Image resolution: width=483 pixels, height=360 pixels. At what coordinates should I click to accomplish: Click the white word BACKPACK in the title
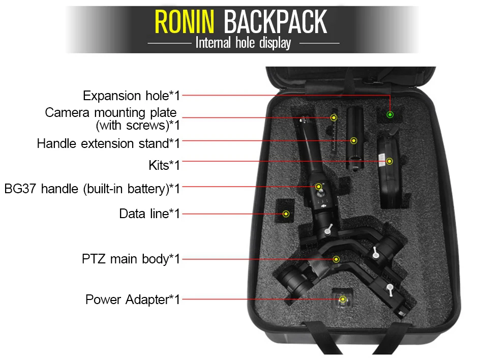pyautogui.click(x=275, y=22)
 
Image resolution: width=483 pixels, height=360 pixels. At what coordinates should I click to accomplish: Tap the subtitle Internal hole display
pyautogui.click(x=243, y=43)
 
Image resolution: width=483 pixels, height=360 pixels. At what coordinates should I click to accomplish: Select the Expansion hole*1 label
pyautogui.click(x=131, y=96)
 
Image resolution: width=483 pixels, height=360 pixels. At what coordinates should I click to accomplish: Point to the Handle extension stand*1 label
pyautogui.click(x=108, y=143)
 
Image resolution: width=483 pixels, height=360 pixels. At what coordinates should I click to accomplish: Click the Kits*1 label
pyautogui.click(x=164, y=165)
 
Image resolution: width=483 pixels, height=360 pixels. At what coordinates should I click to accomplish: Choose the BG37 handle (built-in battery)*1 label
pyautogui.click(x=92, y=189)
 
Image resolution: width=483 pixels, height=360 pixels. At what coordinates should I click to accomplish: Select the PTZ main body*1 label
pyautogui.click(x=131, y=259)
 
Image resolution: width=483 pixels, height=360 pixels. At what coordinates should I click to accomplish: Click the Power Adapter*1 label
pyautogui.click(x=132, y=299)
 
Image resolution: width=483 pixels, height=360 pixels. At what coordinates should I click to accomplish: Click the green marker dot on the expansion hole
pyautogui.click(x=390, y=114)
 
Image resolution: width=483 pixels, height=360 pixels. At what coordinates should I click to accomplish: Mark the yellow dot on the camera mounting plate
pyautogui.click(x=334, y=117)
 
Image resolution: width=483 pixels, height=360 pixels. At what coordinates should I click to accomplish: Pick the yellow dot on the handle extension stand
pyautogui.click(x=354, y=140)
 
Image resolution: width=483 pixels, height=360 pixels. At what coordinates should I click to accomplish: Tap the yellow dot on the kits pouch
pyautogui.click(x=389, y=161)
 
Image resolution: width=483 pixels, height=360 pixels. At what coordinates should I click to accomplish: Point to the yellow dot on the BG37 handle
pyautogui.click(x=319, y=187)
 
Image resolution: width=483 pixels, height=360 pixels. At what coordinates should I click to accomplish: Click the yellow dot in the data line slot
pyautogui.click(x=286, y=214)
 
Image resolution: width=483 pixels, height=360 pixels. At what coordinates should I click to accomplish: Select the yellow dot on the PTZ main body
pyautogui.click(x=336, y=259)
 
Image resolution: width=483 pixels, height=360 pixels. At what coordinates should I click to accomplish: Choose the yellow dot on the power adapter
pyautogui.click(x=343, y=299)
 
